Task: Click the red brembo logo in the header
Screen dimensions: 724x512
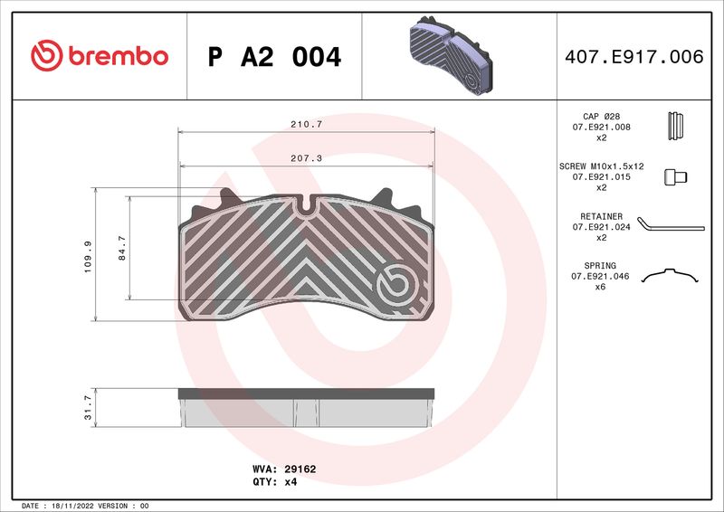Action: coord(100,55)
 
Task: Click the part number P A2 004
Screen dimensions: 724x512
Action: coord(274,57)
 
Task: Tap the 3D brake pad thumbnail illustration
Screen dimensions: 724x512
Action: coord(451,55)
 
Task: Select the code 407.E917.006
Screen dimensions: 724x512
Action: coord(634,57)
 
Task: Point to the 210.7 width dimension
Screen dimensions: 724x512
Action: coord(306,124)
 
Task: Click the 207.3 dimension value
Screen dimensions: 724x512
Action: coord(306,158)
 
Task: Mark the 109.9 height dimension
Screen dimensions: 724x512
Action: coord(88,257)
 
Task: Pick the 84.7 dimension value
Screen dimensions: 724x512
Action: coord(122,248)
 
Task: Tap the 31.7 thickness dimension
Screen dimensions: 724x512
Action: coord(88,407)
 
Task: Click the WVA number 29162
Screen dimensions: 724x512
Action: coord(300,469)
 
